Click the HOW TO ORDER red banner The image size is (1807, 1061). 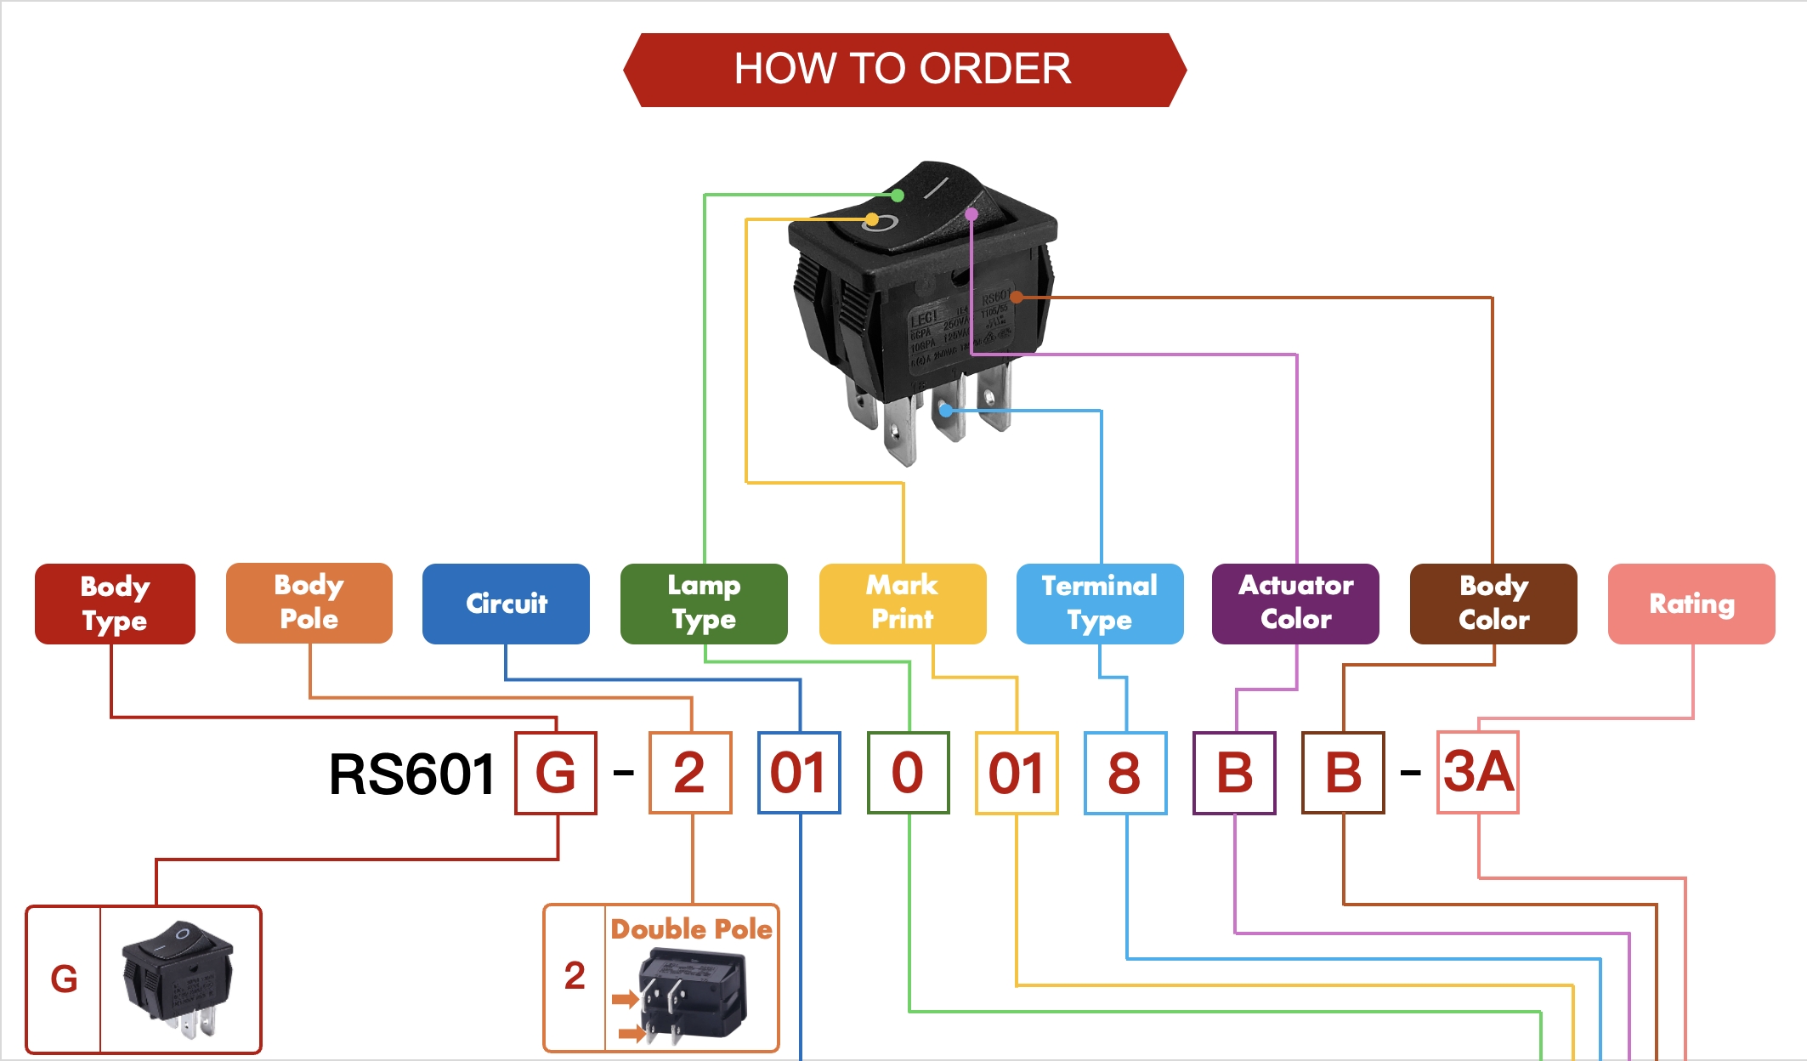tap(903, 70)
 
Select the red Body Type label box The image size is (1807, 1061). tap(115, 604)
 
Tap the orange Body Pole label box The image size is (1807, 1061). tap(309, 603)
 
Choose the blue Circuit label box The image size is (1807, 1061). tap(506, 604)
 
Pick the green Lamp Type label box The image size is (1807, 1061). tap(704, 604)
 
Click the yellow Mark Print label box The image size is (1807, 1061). tap(903, 604)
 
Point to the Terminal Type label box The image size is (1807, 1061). tap(1100, 604)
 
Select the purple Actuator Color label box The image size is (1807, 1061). tap(1295, 604)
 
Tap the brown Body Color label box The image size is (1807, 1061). tap(1493, 604)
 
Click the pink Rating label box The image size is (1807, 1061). tap(1691, 604)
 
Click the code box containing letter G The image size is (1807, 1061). tap(556, 773)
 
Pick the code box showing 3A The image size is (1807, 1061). tap(1478, 773)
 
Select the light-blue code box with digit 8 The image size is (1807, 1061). tap(1125, 773)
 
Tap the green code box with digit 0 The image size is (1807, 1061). tap(908, 773)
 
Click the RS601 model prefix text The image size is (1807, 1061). tap(412, 774)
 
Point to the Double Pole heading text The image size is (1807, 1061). tap(691, 929)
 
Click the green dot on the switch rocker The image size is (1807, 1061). tap(898, 196)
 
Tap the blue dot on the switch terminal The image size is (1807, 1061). tap(946, 411)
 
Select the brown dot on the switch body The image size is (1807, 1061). tap(1017, 297)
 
